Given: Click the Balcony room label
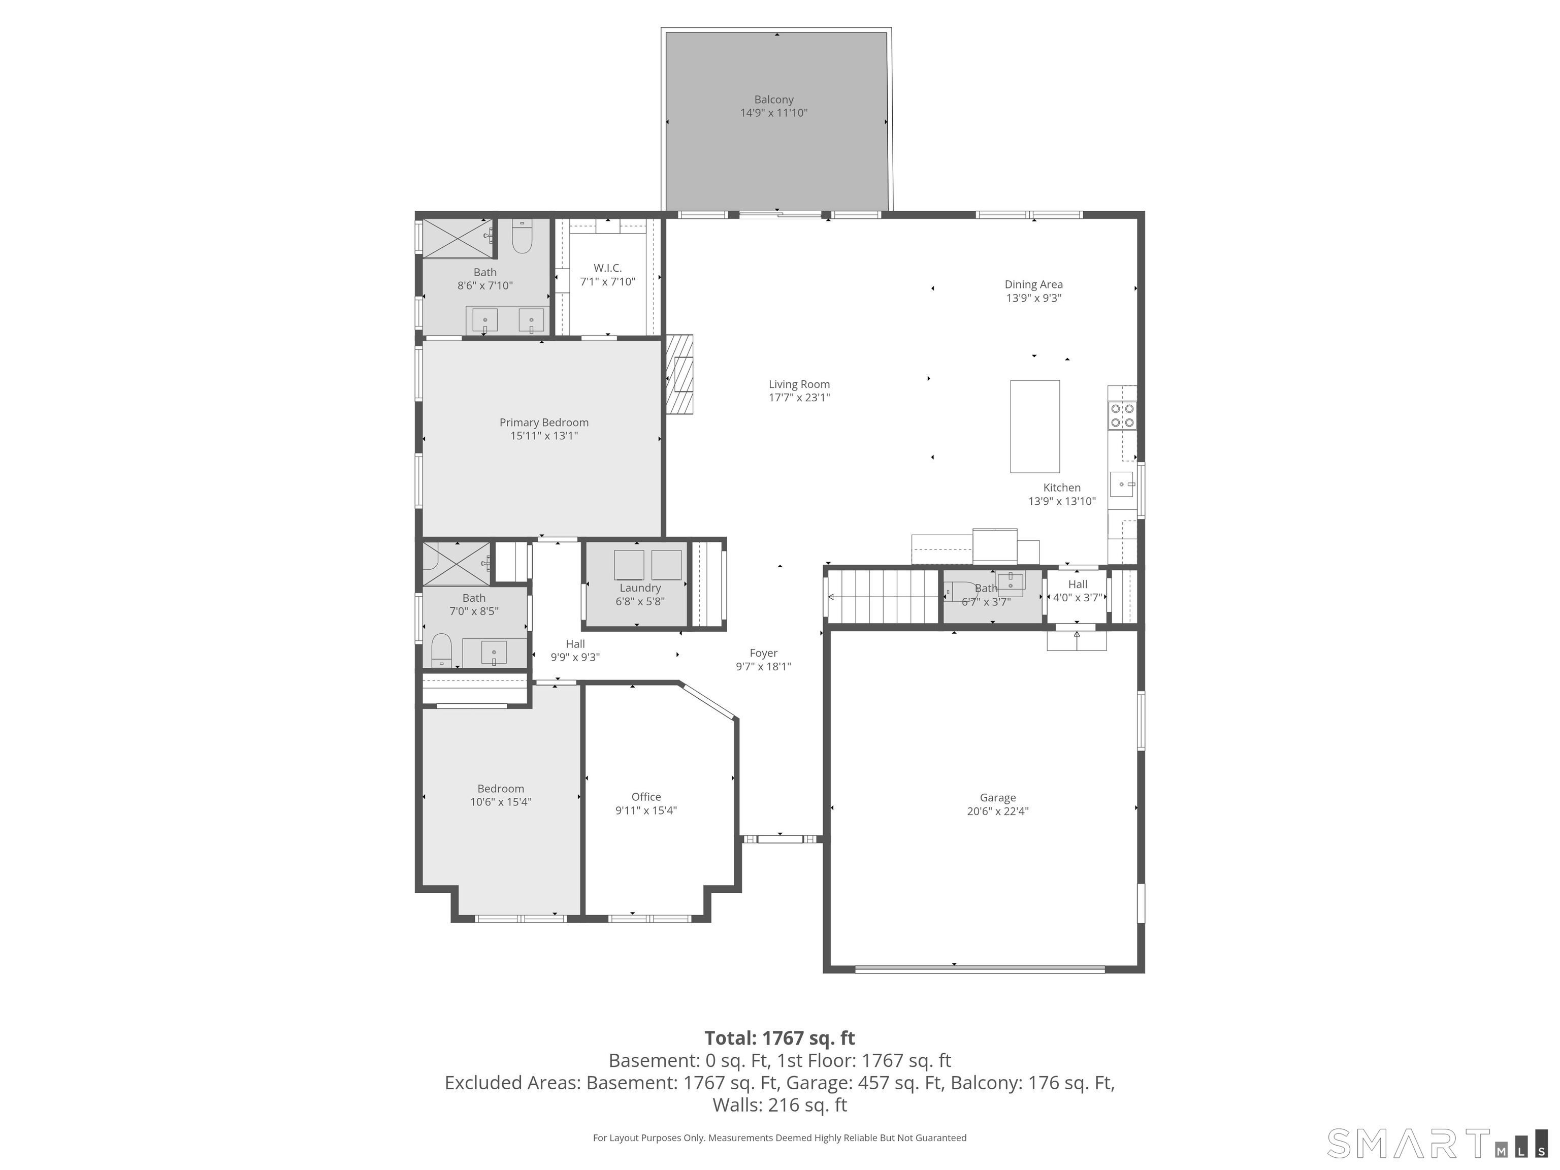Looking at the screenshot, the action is (774, 100).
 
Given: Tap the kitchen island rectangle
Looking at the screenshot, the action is (1034, 426).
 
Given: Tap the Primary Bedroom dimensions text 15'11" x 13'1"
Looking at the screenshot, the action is (544, 436).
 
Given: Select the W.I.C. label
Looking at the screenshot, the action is (607, 268).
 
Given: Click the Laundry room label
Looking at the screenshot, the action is (640, 588).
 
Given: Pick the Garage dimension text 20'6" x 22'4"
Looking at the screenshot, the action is (997, 811).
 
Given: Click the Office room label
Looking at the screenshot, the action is (646, 797).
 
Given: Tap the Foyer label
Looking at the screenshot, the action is (763, 653).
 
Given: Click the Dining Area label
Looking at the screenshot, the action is (1033, 285).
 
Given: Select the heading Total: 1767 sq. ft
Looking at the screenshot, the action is (779, 1038).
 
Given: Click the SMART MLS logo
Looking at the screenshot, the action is (1437, 1143).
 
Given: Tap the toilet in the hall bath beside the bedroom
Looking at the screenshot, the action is (441, 649).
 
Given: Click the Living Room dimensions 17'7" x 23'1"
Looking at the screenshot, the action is (799, 398).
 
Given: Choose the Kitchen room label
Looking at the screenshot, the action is (1061, 488).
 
